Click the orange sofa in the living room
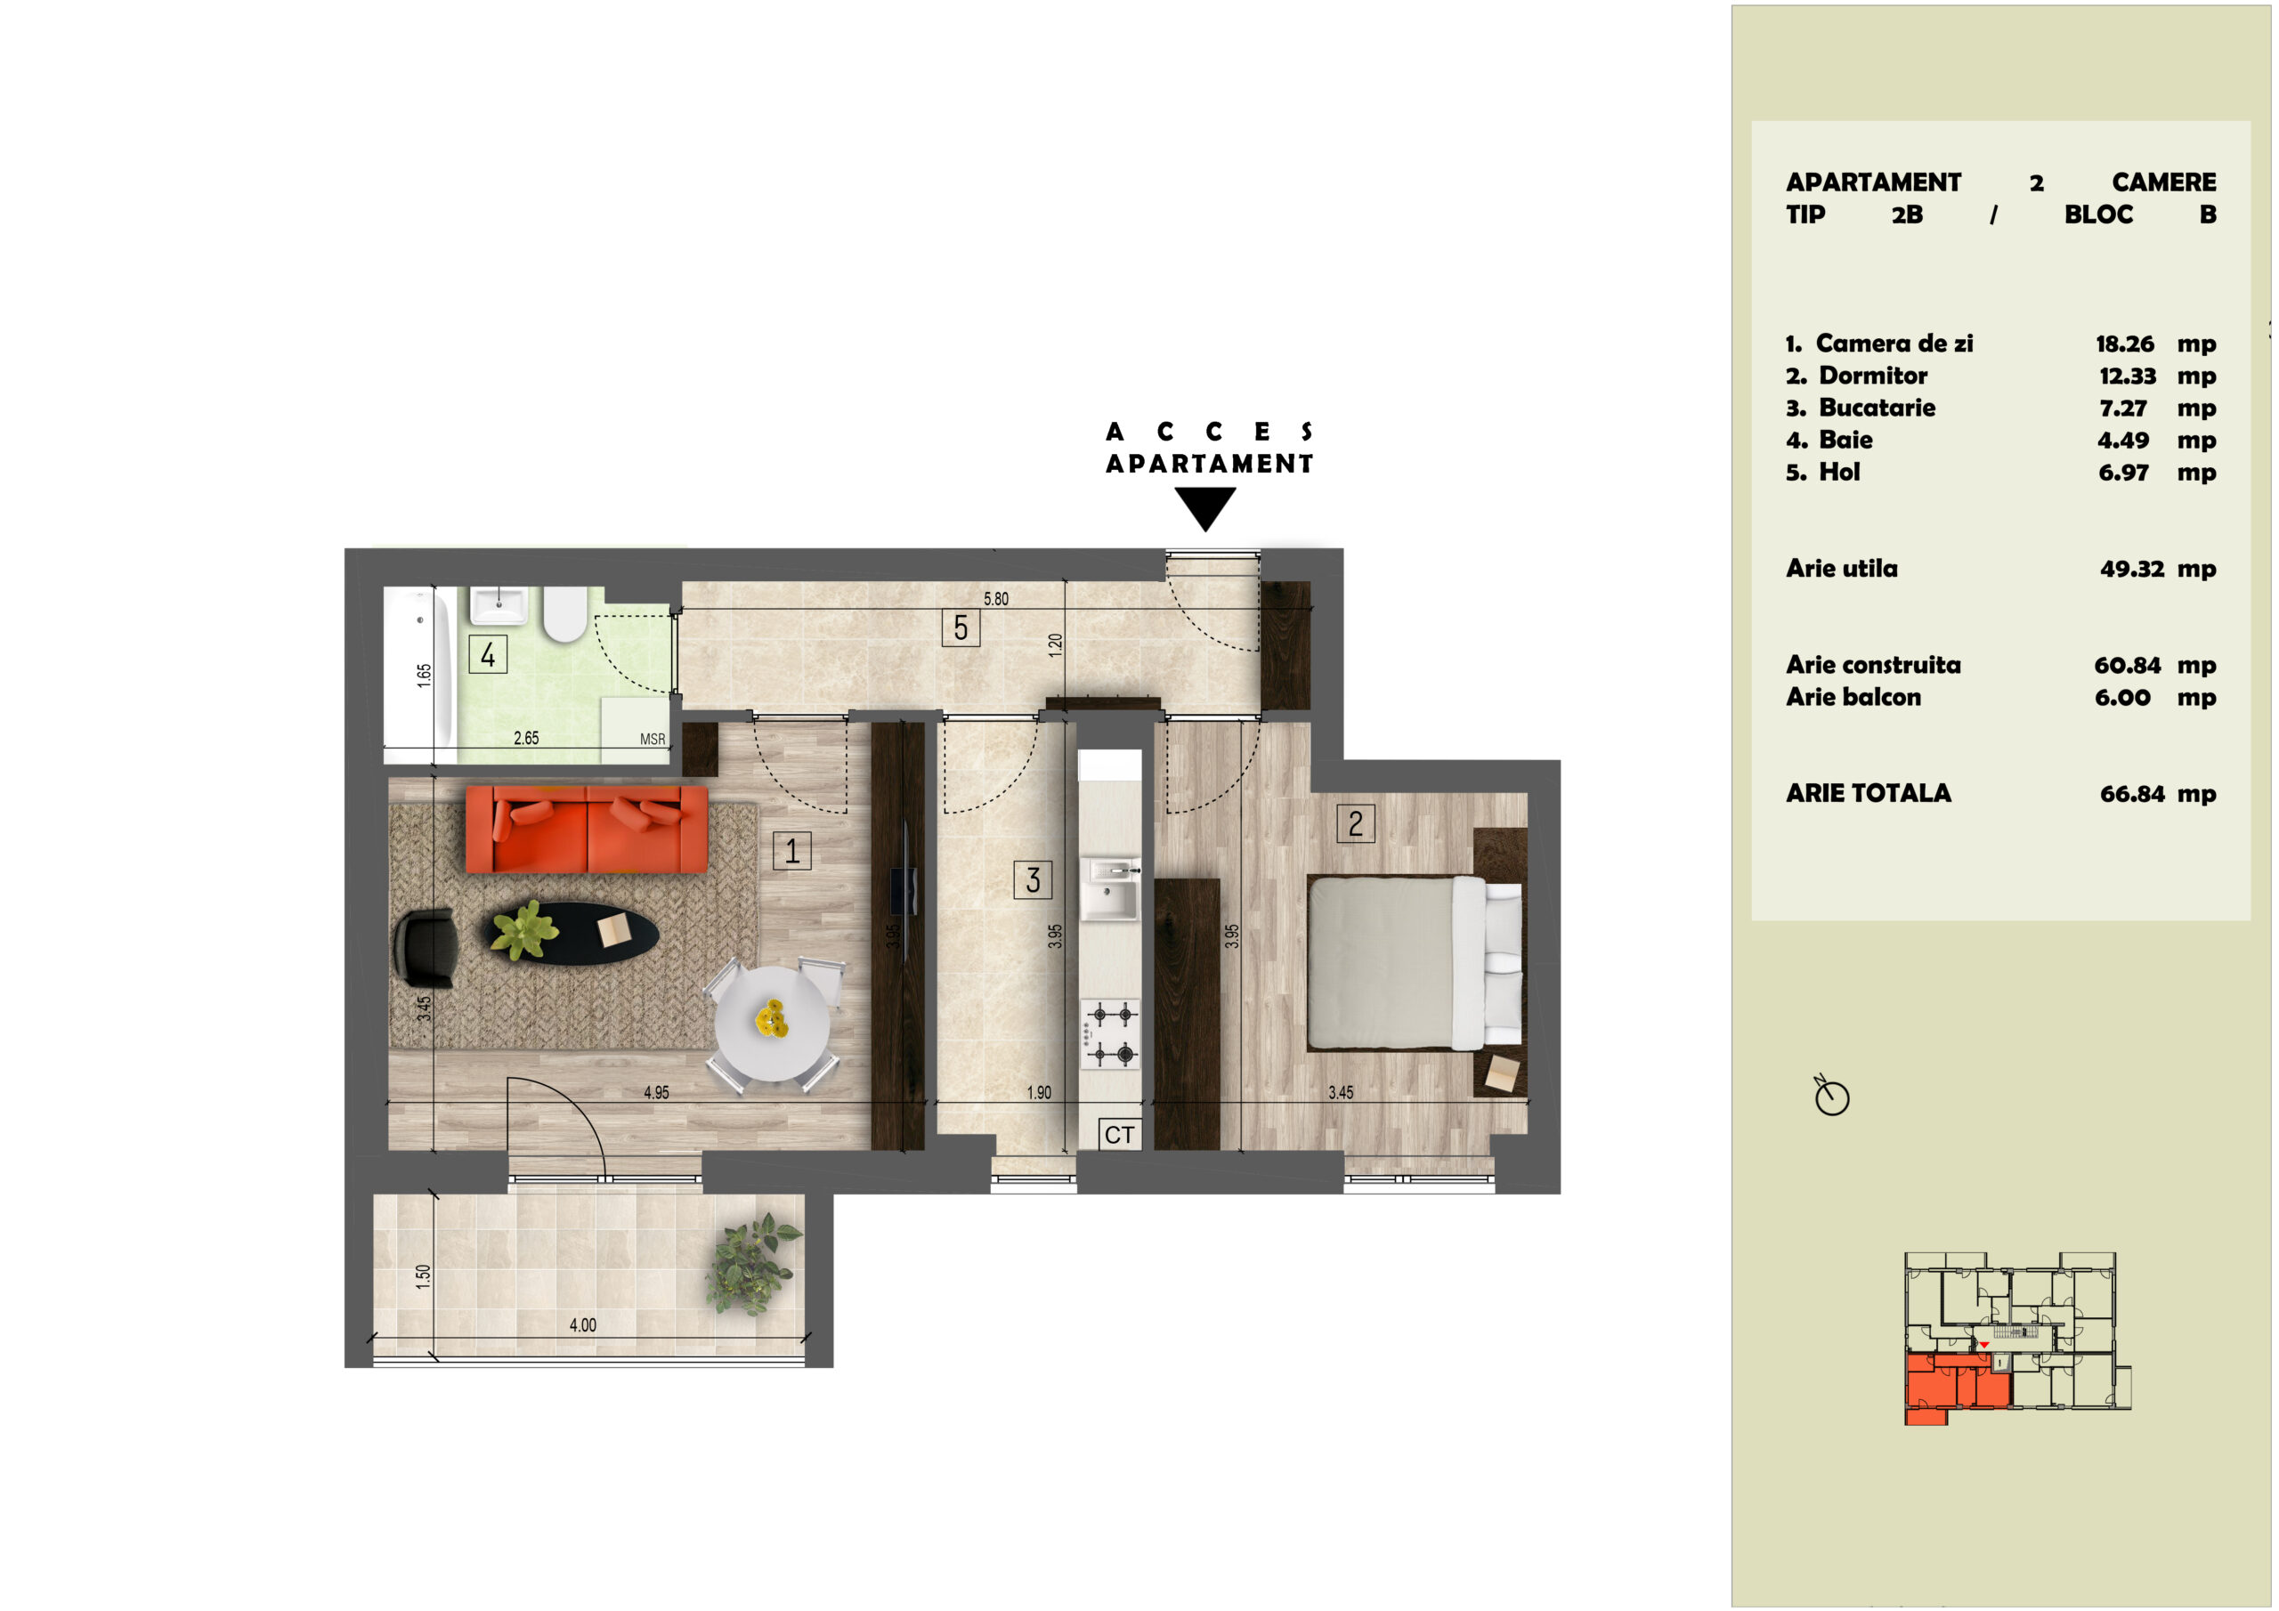pos(587,829)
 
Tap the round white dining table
pos(772,1024)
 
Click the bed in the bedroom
pos(1415,962)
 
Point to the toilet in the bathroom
pos(564,614)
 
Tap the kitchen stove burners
pos(1111,1033)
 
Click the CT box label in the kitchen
pos(1120,1135)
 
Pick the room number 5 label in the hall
pos(961,627)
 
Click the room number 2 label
pos(1356,823)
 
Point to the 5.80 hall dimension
pos(995,598)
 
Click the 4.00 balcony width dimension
pos(582,1325)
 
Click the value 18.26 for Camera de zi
pos(2125,344)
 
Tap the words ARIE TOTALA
pos(1868,793)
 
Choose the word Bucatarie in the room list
pos(1877,408)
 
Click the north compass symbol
pos(1831,1096)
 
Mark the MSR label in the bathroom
pos(653,740)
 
